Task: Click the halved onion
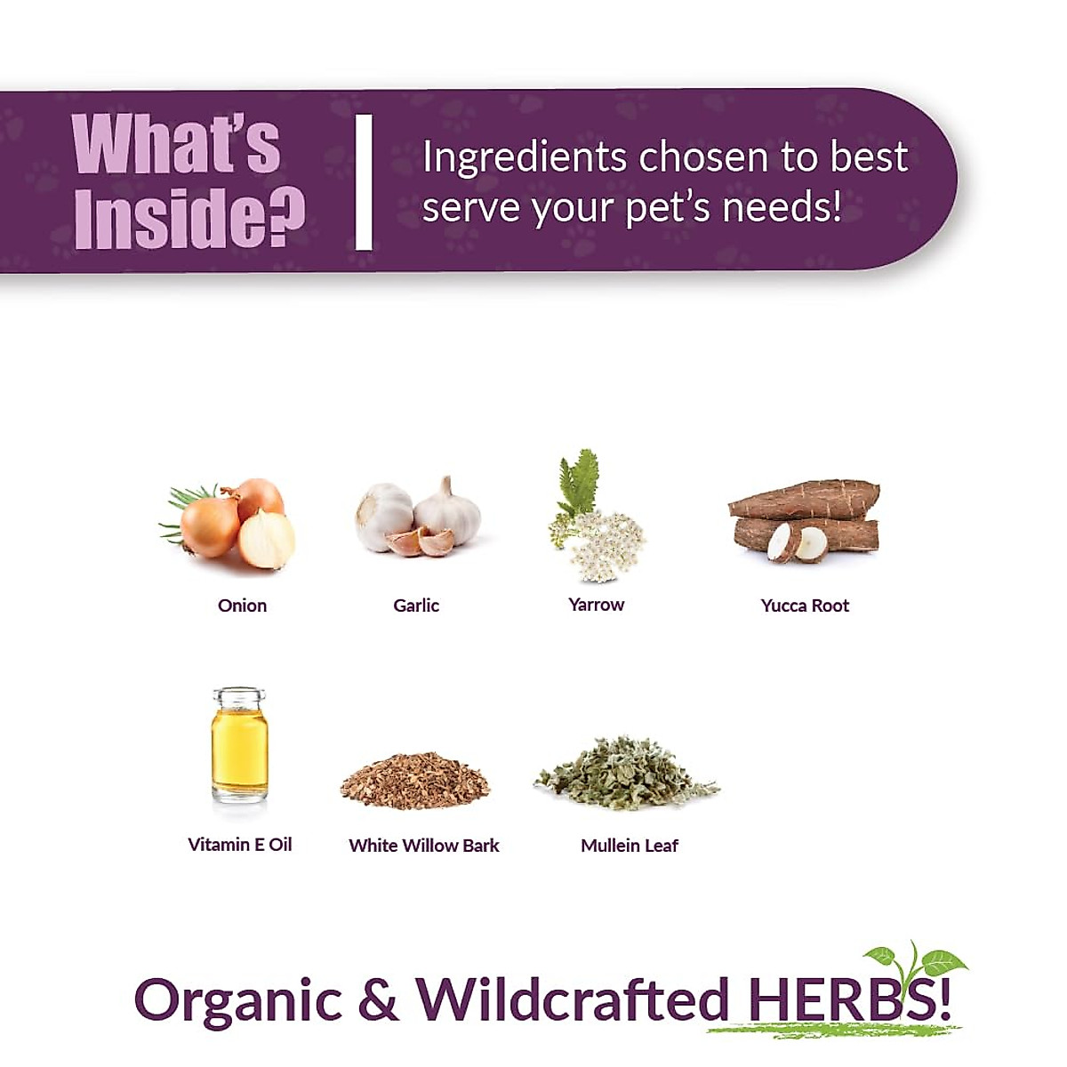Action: click(x=267, y=540)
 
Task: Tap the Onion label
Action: click(x=242, y=606)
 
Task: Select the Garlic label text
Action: click(x=416, y=606)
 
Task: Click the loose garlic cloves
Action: click(x=421, y=541)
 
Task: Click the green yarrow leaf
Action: click(x=580, y=480)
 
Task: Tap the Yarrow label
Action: click(x=596, y=605)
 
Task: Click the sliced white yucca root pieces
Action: click(x=797, y=542)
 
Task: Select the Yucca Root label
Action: click(x=805, y=606)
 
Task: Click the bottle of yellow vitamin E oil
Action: click(x=239, y=745)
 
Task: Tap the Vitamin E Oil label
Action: click(x=239, y=845)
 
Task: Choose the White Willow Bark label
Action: click(x=424, y=846)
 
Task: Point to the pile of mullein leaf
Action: click(x=627, y=774)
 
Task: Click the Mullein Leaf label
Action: click(x=629, y=846)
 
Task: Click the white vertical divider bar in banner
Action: click(x=364, y=182)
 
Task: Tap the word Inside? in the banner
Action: click(x=189, y=218)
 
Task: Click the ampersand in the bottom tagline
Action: click(x=378, y=999)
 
